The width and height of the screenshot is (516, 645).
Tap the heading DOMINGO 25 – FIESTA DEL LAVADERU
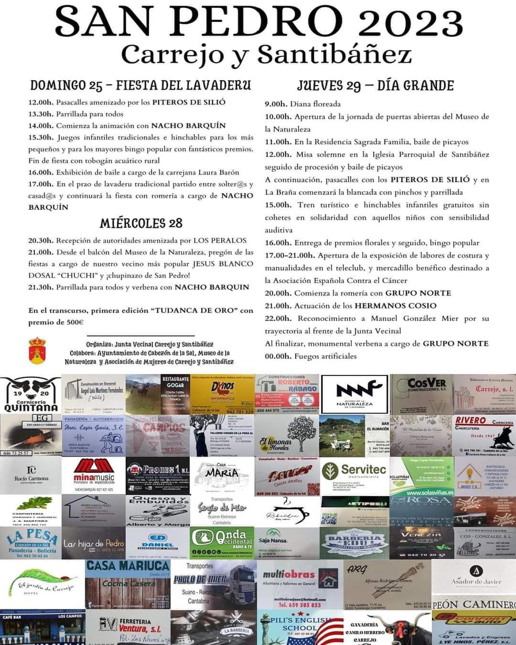[x=140, y=86]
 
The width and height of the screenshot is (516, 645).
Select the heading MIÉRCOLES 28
[x=141, y=223]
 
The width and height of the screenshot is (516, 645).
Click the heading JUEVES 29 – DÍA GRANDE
[x=375, y=86]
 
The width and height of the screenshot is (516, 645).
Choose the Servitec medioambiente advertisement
[x=354, y=475]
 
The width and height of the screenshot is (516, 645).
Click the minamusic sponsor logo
[x=94, y=475]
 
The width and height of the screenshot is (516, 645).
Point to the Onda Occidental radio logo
[x=223, y=541]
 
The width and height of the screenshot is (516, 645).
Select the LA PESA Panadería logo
[x=31, y=541]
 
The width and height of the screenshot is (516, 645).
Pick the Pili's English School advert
[x=300, y=627]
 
